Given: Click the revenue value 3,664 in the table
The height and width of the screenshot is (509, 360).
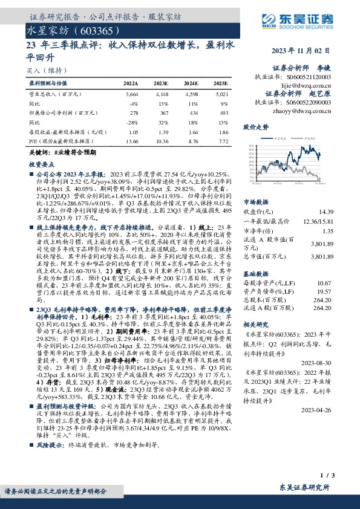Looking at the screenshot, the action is click(x=132, y=94).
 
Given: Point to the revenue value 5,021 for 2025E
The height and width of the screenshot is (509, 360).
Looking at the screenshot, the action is click(x=221, y=94).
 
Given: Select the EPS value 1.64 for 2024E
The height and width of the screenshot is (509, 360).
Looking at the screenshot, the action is click(x=193, y=131).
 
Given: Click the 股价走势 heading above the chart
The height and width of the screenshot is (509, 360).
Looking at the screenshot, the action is click(x=257, y=128).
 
